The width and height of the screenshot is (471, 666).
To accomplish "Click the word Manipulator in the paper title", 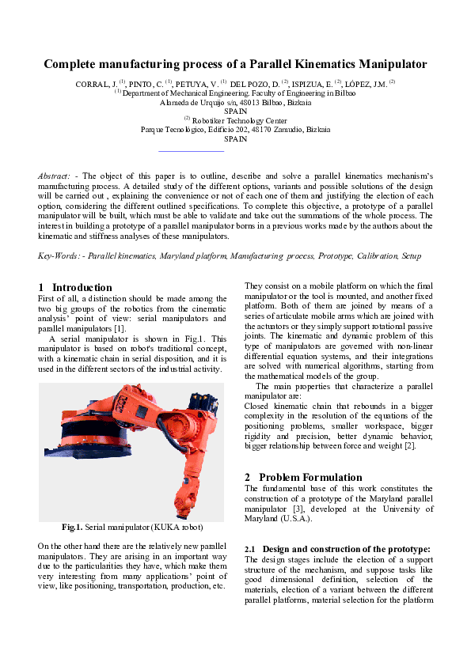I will click(388, 64).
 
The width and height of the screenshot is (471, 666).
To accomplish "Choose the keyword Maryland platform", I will click(193, 256).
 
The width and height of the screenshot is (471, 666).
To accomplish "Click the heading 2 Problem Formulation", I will click(303, 477).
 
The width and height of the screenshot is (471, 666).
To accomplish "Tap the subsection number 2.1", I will click(250, 549).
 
